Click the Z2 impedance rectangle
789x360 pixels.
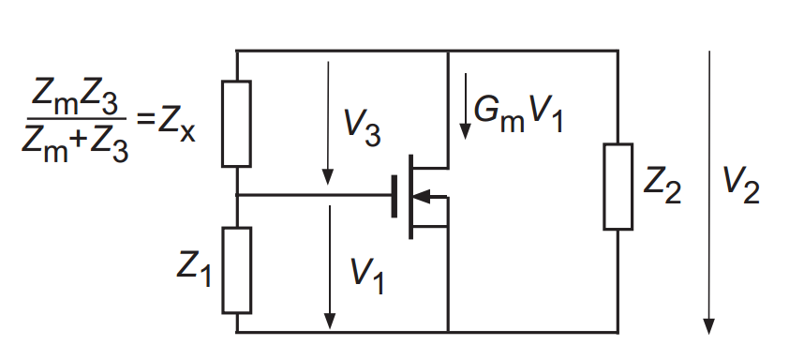pos(618,187)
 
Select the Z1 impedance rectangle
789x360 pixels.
pos(236,270)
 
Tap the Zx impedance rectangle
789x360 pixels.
pos(236,123)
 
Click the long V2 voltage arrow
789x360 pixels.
pos(709,187)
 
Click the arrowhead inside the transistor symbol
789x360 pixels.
pos(424,196)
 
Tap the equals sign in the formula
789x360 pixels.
pos(143,121)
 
